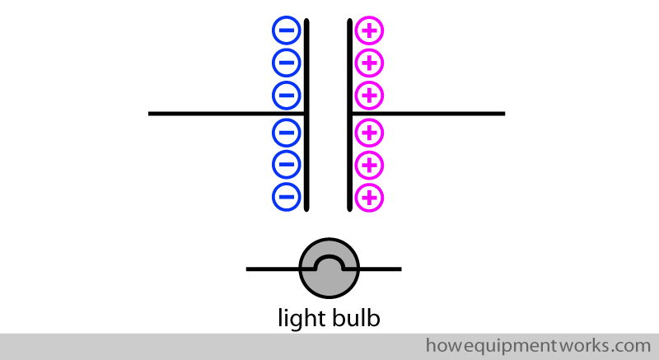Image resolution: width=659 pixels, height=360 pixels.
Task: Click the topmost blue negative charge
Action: click(x=286, y=32)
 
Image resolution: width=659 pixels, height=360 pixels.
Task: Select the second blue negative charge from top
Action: click(x=286, y=62)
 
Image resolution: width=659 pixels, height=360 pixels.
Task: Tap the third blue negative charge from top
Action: click(x=286, y=94)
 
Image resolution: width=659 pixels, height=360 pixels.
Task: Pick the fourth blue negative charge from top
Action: click(x=286, y=132)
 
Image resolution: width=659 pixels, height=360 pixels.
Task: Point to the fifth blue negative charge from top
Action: click(x=286, y=165)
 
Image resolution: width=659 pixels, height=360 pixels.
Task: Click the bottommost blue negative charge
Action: click(x=286, y=196)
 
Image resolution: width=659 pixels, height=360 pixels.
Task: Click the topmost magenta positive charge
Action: click(x=369, y=32)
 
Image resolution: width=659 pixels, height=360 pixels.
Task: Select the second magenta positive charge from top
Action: click(x=369, y=62)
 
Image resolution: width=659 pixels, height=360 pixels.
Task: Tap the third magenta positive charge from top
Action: click(x=369, y=94)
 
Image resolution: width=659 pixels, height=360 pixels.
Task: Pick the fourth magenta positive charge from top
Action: click(x=369, y=132)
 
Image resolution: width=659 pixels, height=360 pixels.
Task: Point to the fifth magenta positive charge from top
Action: click(x=369, y=165)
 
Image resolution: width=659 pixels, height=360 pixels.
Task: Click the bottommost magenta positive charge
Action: click(x=369, y=196)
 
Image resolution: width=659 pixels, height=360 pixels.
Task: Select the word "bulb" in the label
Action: click(x=353, y=318)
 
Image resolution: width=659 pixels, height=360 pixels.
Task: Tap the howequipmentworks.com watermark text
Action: click(x=538, y=344)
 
